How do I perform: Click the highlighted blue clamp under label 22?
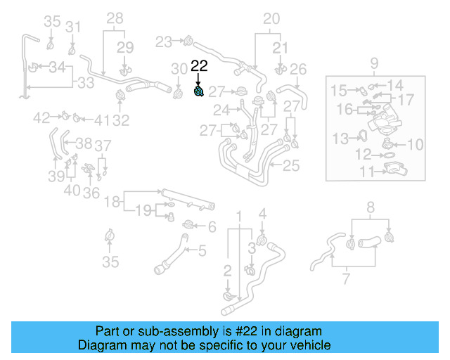tap(200, 91)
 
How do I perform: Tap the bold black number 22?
tap(200, 66)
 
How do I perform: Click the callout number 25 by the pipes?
tap(290, 167)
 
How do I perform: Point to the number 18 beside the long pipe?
tap(112, 202)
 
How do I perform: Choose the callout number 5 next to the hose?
tap(202, 250)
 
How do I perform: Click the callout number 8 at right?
tap(371, 207)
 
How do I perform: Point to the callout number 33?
tap(85, 83)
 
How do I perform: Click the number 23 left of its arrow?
tap(163, 42)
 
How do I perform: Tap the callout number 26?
tap(298, 69)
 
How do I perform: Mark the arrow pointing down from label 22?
tap(200, 79)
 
